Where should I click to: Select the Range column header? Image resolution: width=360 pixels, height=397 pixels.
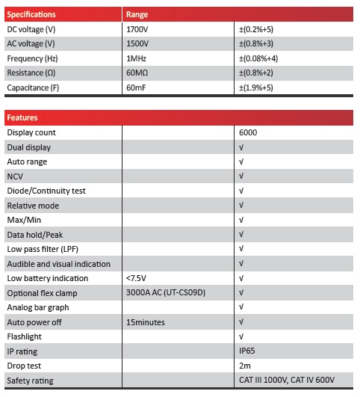pyautogui.click(x=137, y=14)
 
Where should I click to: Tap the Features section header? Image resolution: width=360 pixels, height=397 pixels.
pyautogui.click(x=22, y=118)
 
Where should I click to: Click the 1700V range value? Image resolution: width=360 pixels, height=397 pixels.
pyautogui.click(x=137, y=29)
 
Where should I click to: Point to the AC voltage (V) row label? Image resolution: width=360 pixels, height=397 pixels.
pyautogui.click(x=31, y=43)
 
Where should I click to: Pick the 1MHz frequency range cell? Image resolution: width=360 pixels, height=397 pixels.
pyautogui.click(x=136, y=58)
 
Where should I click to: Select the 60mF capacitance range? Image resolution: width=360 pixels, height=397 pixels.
pyautogui.click(x=137, y=87)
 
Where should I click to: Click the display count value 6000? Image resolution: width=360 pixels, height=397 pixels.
pyautogui.click(x=249, y=132)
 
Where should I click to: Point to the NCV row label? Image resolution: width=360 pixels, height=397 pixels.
pyautogui.click(x=15, y=176)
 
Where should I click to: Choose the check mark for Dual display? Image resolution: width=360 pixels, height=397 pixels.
pyautogui.click(x=241, y=147)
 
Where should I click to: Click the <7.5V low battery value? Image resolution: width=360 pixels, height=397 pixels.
pyautogui.click(x=137, y=278)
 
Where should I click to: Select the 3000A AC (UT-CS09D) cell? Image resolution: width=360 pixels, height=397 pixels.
pyautogui.click(x=164, y=292)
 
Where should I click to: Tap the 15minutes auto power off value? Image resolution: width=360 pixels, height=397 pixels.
pyautogui.click(x=146, y=322)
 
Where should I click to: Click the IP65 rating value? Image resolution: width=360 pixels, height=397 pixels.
pyautogui.click(x=247, y=351)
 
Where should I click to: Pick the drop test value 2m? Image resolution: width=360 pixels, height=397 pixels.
pyautogui.click(x=244, y=366)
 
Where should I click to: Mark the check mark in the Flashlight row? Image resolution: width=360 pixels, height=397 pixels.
pyautogui.click(x=241, y=336)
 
